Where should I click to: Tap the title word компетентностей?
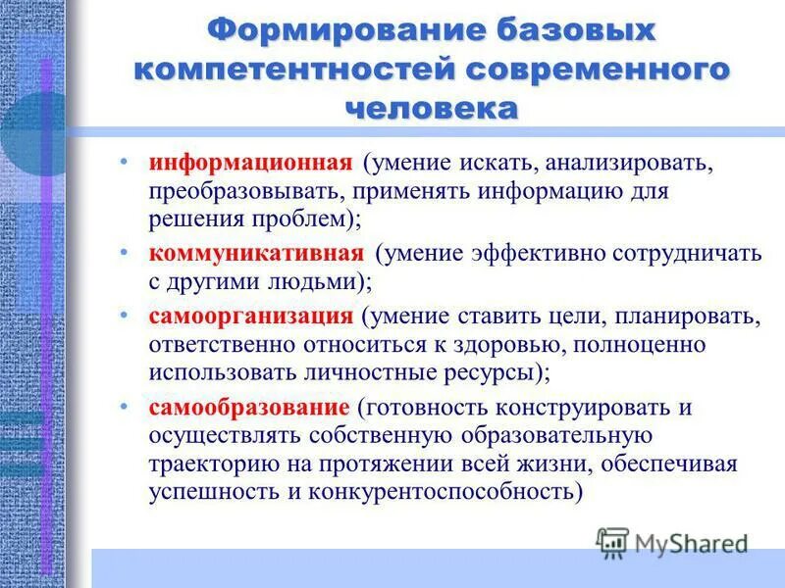tap(293, 70)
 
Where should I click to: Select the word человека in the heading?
tap(432, 107)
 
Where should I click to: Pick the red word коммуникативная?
tap(257, 253)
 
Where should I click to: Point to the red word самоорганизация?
tap(250, 316)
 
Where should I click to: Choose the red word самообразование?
tap(249, 406)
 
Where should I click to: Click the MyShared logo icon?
tap(612, 542)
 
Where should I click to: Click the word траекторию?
tap(209, 463)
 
